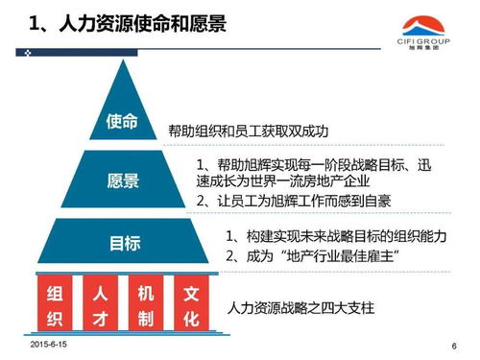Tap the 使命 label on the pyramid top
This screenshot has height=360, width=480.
point(123,124)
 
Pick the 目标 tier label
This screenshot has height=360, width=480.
point(123,244)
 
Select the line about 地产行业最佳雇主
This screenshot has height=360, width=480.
point(313,256)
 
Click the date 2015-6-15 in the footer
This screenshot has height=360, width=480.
point(51,343)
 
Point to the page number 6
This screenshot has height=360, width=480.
point(453,346)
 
